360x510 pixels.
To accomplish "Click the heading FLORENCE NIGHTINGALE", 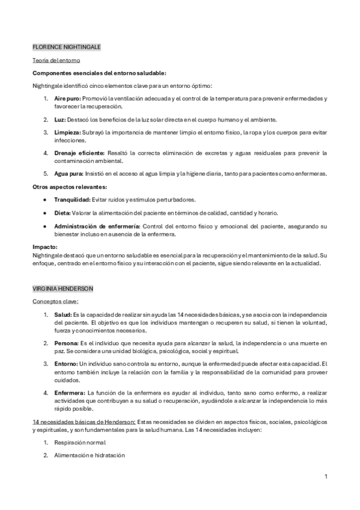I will (x=67, y=46).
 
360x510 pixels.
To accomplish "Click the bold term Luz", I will (x=59, y=118).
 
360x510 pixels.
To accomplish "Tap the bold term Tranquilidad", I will (x=72, y=199).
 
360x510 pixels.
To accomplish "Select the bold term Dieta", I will (x=63, y=213).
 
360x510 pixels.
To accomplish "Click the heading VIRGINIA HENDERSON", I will (x=63, y=289).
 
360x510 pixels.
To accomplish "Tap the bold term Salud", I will (x=63, y=315).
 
